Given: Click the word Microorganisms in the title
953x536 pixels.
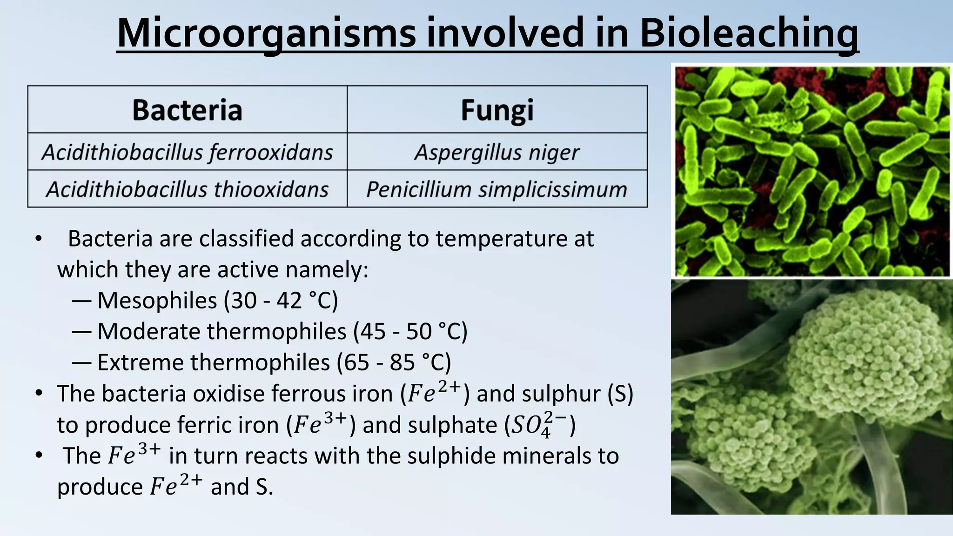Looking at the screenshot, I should [266, 33].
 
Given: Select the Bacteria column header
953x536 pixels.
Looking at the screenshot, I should [187, 110].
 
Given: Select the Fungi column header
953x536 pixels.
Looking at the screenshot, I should [497, 110].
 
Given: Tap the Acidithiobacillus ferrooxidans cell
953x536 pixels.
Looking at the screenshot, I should [187, 152].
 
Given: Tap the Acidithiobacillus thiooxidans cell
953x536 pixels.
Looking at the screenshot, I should [187, 189].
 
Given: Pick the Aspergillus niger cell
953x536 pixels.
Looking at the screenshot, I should [497, 152].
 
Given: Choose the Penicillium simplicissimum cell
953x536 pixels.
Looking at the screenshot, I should [497, 189].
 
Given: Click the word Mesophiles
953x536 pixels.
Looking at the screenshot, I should [157, 301].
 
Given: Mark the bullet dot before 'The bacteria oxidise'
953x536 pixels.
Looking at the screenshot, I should [39, 394].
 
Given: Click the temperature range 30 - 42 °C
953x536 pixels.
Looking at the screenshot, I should [281, 301].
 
